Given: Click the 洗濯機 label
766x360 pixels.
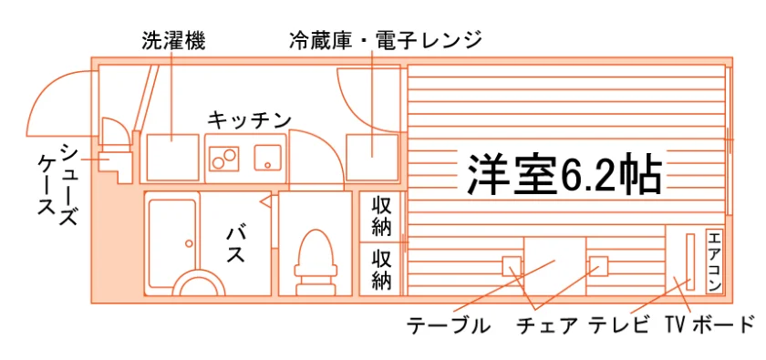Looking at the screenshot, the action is pos(173,41).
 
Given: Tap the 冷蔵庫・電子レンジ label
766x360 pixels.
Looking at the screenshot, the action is pos(386,40).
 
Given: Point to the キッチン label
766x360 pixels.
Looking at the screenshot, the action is pos(250,118).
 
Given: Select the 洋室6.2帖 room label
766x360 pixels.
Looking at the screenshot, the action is pos(564,174).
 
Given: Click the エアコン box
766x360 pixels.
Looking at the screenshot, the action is pos(714,262).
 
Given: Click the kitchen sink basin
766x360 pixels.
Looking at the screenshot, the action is pos(267,158).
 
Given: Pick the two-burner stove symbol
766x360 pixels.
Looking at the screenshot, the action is pos(224,158).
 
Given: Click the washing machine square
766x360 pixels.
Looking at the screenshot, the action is pos(172,158).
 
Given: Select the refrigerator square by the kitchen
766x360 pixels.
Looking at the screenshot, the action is pos(372,158).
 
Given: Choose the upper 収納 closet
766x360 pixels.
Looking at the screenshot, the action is pos(381,216).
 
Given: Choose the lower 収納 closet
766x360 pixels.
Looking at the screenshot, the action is pos(381,269).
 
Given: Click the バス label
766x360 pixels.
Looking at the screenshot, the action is pos(235,245).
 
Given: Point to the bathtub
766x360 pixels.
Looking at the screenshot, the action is pos(172,243).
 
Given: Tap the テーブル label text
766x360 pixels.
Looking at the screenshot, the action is pos(449,325).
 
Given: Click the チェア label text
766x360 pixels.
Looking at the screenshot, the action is pos(547,325).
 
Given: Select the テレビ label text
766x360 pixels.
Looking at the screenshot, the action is pos(620,325).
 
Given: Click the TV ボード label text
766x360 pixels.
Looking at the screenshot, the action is pos(709,324).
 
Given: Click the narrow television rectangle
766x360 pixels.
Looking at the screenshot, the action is pos(690,262).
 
